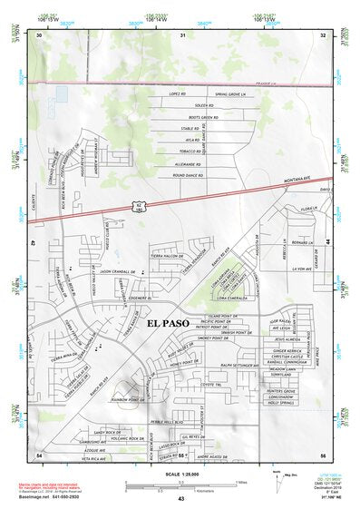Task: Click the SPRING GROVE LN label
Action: point(231,93)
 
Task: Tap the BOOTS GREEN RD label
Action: point(202,117)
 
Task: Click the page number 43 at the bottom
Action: point(180,499)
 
